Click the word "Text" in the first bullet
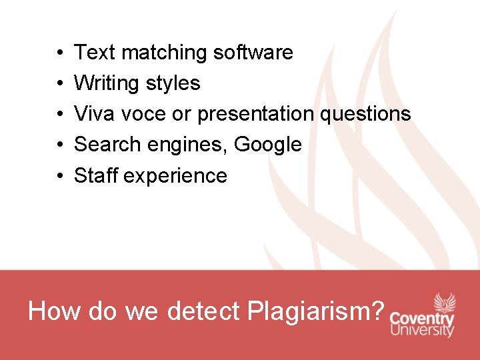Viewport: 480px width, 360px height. coord(93,52)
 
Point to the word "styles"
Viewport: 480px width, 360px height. coord(175,83)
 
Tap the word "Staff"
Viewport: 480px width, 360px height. coord(96,175)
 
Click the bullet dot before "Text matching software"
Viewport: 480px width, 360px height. coord(60,53)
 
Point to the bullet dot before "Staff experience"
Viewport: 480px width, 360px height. coord(60,176)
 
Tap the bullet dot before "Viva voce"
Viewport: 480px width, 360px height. coord(60,115)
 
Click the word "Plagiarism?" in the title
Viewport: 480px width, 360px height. coord(316,311)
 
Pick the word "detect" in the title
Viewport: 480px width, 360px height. coord(203,311)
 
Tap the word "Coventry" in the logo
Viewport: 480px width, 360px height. coord(422,319)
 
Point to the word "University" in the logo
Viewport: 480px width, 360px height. coord(422,331)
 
